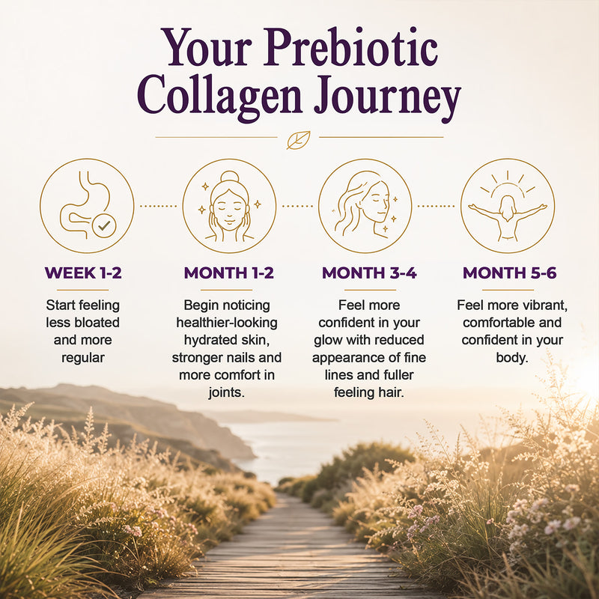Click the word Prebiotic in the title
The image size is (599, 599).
350,47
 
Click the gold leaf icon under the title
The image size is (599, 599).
299,140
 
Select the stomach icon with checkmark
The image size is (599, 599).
87,205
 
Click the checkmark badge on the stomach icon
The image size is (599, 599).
104,226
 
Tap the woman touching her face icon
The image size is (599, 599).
229,205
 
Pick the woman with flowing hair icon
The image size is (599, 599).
365,205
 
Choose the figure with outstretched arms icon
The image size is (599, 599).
508,205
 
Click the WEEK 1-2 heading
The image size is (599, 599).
83,273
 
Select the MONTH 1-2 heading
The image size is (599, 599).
229,273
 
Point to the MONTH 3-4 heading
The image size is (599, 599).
369,273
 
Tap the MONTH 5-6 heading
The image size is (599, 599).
510,273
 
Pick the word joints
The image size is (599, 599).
227,392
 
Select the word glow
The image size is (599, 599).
328,340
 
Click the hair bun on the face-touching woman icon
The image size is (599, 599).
230,177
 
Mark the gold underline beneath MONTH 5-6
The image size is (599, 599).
508,290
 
